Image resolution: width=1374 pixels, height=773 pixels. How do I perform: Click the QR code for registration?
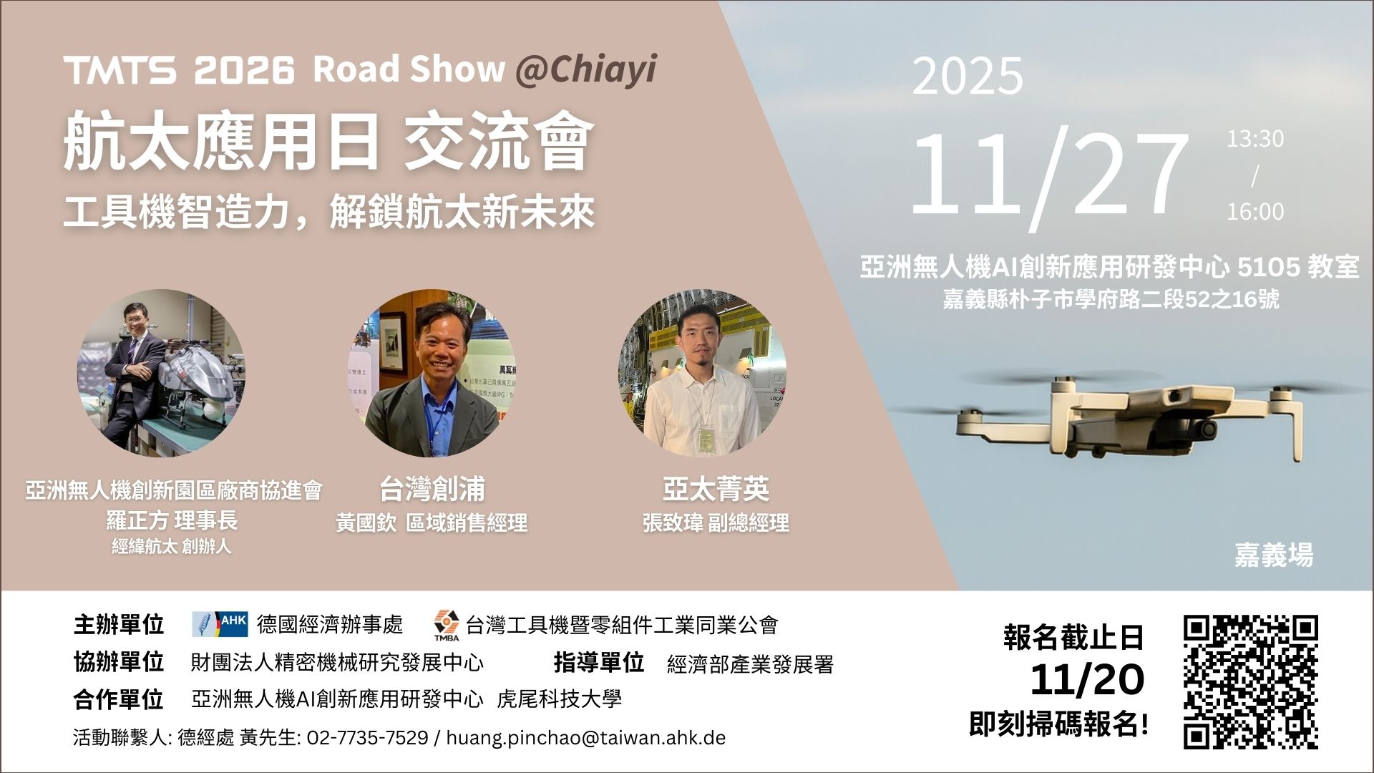click(1250, 682)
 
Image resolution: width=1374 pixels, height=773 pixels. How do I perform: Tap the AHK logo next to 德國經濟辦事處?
click(220, 624)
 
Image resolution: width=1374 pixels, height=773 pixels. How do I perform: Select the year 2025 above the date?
click(968, 76)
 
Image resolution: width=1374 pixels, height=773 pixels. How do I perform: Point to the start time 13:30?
click(1255, 139)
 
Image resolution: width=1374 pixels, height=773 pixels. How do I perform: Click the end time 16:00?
click(1255, 212)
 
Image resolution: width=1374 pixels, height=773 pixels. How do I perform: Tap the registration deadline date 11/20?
click(1087, 680)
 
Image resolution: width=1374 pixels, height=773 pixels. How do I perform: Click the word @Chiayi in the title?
click(585, 69)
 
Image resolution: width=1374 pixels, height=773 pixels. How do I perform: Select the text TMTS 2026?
click(179, 70)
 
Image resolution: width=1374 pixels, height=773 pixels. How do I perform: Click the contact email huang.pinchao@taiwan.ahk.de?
click(585, 737)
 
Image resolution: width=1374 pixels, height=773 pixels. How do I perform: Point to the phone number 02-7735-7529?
click(367, 737)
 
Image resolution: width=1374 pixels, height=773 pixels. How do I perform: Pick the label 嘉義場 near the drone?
click(1274, 555)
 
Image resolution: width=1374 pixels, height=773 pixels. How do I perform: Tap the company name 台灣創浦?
click(432, 490)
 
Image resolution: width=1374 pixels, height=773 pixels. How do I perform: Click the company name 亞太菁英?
click(716, 490)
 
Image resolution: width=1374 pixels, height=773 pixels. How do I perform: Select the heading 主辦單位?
click(118, 625)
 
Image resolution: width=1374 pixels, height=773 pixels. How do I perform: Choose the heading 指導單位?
click(598, 663)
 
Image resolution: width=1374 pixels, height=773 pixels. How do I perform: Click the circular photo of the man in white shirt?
click(702, 373)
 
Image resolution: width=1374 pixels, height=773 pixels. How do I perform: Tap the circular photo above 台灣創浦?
click(432, 373)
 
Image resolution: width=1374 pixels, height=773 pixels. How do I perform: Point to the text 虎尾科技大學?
click(559, 699)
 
